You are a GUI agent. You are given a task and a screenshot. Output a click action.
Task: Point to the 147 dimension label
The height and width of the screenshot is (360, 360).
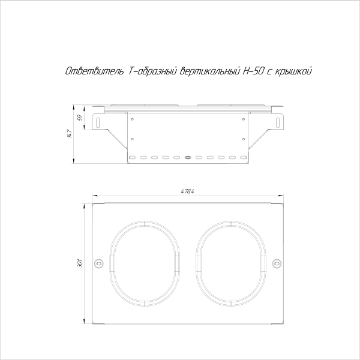(x=70, y=135)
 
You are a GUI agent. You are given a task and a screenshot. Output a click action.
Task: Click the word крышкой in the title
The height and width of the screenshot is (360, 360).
(x=294, y=71)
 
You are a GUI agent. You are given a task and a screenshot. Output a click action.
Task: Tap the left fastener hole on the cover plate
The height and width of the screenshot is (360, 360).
(x=99, y=263)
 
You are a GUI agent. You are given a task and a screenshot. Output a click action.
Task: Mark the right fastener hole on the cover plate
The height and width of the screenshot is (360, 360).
(x=276, y=263)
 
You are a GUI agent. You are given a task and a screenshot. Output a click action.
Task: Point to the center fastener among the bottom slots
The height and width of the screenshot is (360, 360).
(x=188, y=157)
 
